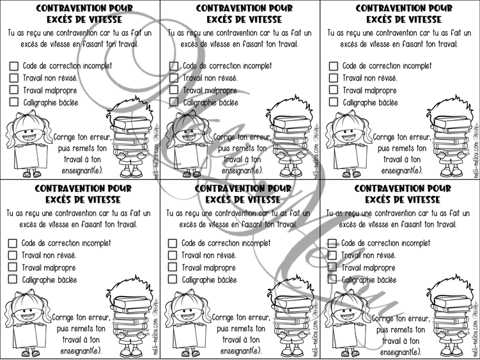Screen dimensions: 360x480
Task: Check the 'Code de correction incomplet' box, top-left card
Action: [x=14, y=66]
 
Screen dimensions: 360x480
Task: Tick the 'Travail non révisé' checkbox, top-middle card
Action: [x=174, y=78]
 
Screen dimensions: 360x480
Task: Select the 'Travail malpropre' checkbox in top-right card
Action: [x=334, y=90]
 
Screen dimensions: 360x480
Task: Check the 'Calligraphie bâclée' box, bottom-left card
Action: [x=13, y=279]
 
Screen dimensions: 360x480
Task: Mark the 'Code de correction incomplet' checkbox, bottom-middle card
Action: [x=173, y=243]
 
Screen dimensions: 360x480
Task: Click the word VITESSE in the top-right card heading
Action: [x=421, y=19]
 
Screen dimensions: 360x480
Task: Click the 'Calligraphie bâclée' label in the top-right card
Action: [x=369, y=102]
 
